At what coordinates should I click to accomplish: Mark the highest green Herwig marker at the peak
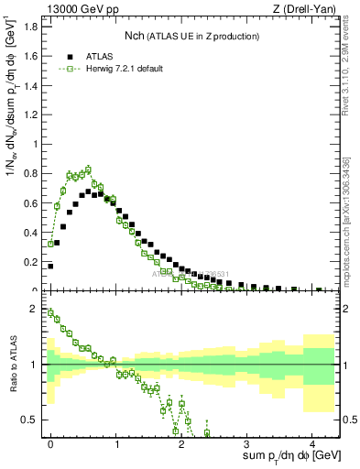88,169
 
